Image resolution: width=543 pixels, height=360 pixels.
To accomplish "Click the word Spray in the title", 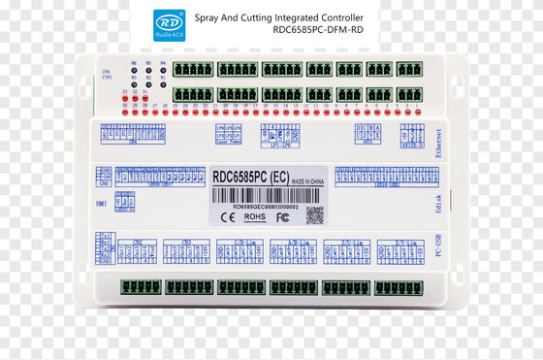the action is tap(210, 17).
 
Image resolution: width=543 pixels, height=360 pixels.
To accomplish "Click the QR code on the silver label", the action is tap(314, 214).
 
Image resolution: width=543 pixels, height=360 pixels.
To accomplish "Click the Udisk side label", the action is tap(437, 205).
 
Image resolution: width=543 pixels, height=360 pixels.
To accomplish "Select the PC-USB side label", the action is tap(437, 247).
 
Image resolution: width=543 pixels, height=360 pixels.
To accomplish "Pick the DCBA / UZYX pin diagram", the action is tap(368, 133).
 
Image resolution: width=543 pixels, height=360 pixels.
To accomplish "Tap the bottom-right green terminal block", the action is tap(399, 287).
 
